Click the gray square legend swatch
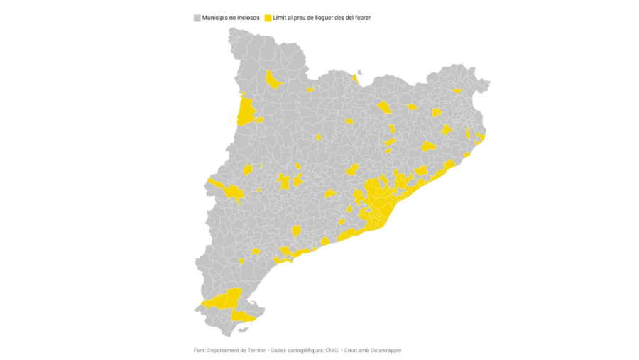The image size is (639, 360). (x=197, y=17)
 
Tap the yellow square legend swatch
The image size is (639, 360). (x=268, y=17)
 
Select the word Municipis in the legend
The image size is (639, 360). (x=215, y=17)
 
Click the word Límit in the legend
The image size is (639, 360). (x=281, y=17)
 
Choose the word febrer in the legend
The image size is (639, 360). (x=361, y=17)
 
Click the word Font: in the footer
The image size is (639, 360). (x=200, y=350)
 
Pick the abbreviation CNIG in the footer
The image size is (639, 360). (x=332, y=350)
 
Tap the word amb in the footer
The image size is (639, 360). (x=368, y=350)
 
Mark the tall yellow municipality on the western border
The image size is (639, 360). (x=246, y=112)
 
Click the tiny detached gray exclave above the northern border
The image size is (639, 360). (x=359, y=71)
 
